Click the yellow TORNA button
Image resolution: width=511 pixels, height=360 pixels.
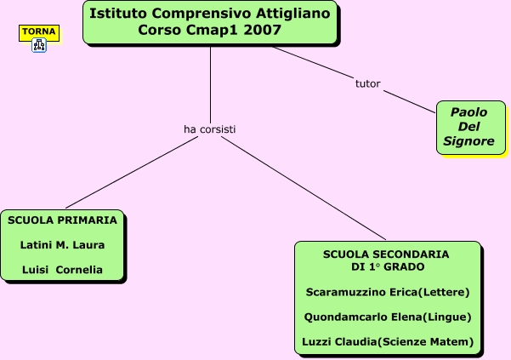(x=39, y=32)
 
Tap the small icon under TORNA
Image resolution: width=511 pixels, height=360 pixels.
(x=39, y=46)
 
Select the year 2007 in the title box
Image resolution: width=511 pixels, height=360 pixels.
(x=264, y=30)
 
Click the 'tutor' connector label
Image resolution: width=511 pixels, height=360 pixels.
(x=367, y=84)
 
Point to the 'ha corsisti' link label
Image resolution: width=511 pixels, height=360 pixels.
(x=209, y=129)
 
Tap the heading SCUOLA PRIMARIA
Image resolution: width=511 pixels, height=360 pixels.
(x=62, y=220)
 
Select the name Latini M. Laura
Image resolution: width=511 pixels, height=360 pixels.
(x=62, y=245)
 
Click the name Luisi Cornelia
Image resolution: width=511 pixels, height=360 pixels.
(x=62, y=270)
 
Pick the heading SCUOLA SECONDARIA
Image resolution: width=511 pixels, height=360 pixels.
(x=386, y=254)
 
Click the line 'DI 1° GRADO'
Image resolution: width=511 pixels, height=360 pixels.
(x=386, y=267)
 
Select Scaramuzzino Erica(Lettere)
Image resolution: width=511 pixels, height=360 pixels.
(x=387, y=292)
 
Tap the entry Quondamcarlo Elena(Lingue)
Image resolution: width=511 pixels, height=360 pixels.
(x=387, y=317)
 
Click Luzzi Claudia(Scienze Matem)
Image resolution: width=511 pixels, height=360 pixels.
(x=387, y=342)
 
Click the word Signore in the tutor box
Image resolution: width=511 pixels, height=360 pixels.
(x=468, y=141)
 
